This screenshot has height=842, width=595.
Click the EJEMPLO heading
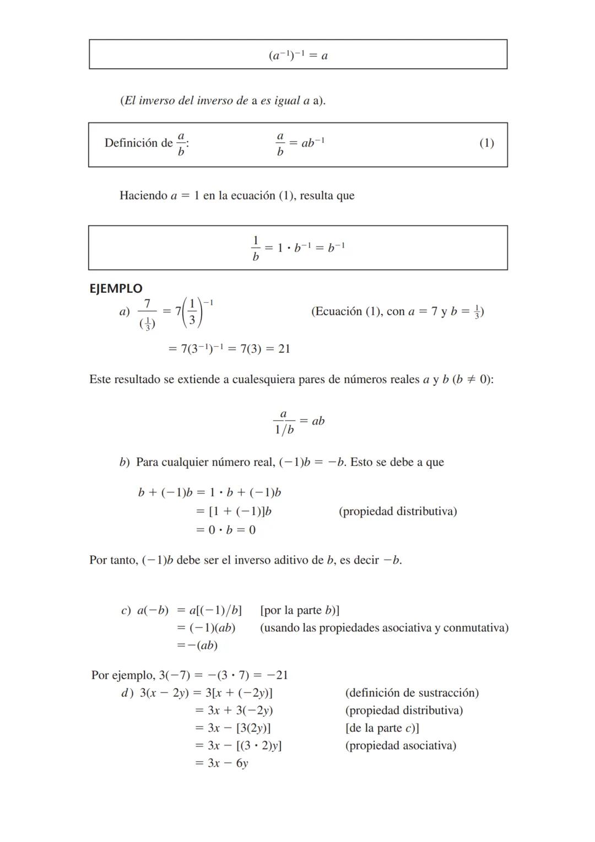[116, 288]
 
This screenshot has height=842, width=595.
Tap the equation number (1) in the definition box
[486, 143]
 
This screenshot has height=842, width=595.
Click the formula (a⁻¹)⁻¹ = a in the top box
[298, 55]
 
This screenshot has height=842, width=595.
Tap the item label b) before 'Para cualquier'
[125, 462]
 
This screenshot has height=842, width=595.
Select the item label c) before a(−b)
[126, 610]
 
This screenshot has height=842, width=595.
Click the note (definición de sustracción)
[412, 693]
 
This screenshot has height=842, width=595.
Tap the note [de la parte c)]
[382, 728]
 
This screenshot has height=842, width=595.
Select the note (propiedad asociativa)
[401, 746]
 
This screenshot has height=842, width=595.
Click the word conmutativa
[475, 628]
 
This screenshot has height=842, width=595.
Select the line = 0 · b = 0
[226, 530]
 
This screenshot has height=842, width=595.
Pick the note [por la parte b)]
[300, 610]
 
